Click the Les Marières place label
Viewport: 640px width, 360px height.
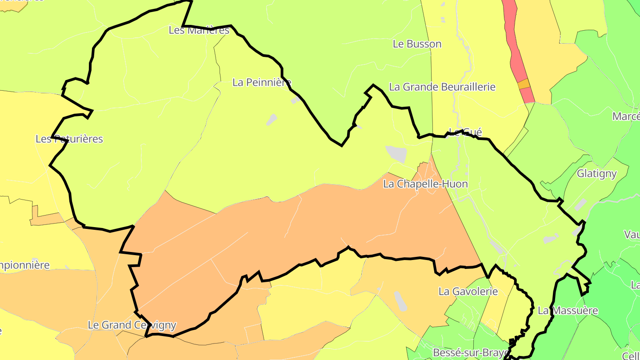click(199, 30)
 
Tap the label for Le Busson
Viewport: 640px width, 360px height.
click(417, 44)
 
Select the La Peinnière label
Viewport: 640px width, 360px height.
click(262, 82)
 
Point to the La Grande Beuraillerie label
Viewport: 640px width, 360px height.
click(442, 87)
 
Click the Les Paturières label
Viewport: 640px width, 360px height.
click(69, 139)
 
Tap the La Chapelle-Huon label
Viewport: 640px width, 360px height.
click(425, 184)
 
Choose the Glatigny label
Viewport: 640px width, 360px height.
click(596, 174)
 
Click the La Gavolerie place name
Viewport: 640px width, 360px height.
click(468, 292)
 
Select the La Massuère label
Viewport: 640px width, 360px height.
click(568, 311)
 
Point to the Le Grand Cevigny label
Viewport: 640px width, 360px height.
click(132, 325)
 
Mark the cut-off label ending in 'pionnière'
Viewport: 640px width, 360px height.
click(24, 265)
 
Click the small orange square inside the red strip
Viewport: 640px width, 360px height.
click(524, 84)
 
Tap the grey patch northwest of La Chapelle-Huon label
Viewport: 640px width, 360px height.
click(396, 153)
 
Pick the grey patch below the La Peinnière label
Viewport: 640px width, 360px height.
click(272, 120)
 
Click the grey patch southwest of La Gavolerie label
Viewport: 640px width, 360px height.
click(400, 301)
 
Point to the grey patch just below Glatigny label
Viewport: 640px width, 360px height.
click(580, 205)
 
